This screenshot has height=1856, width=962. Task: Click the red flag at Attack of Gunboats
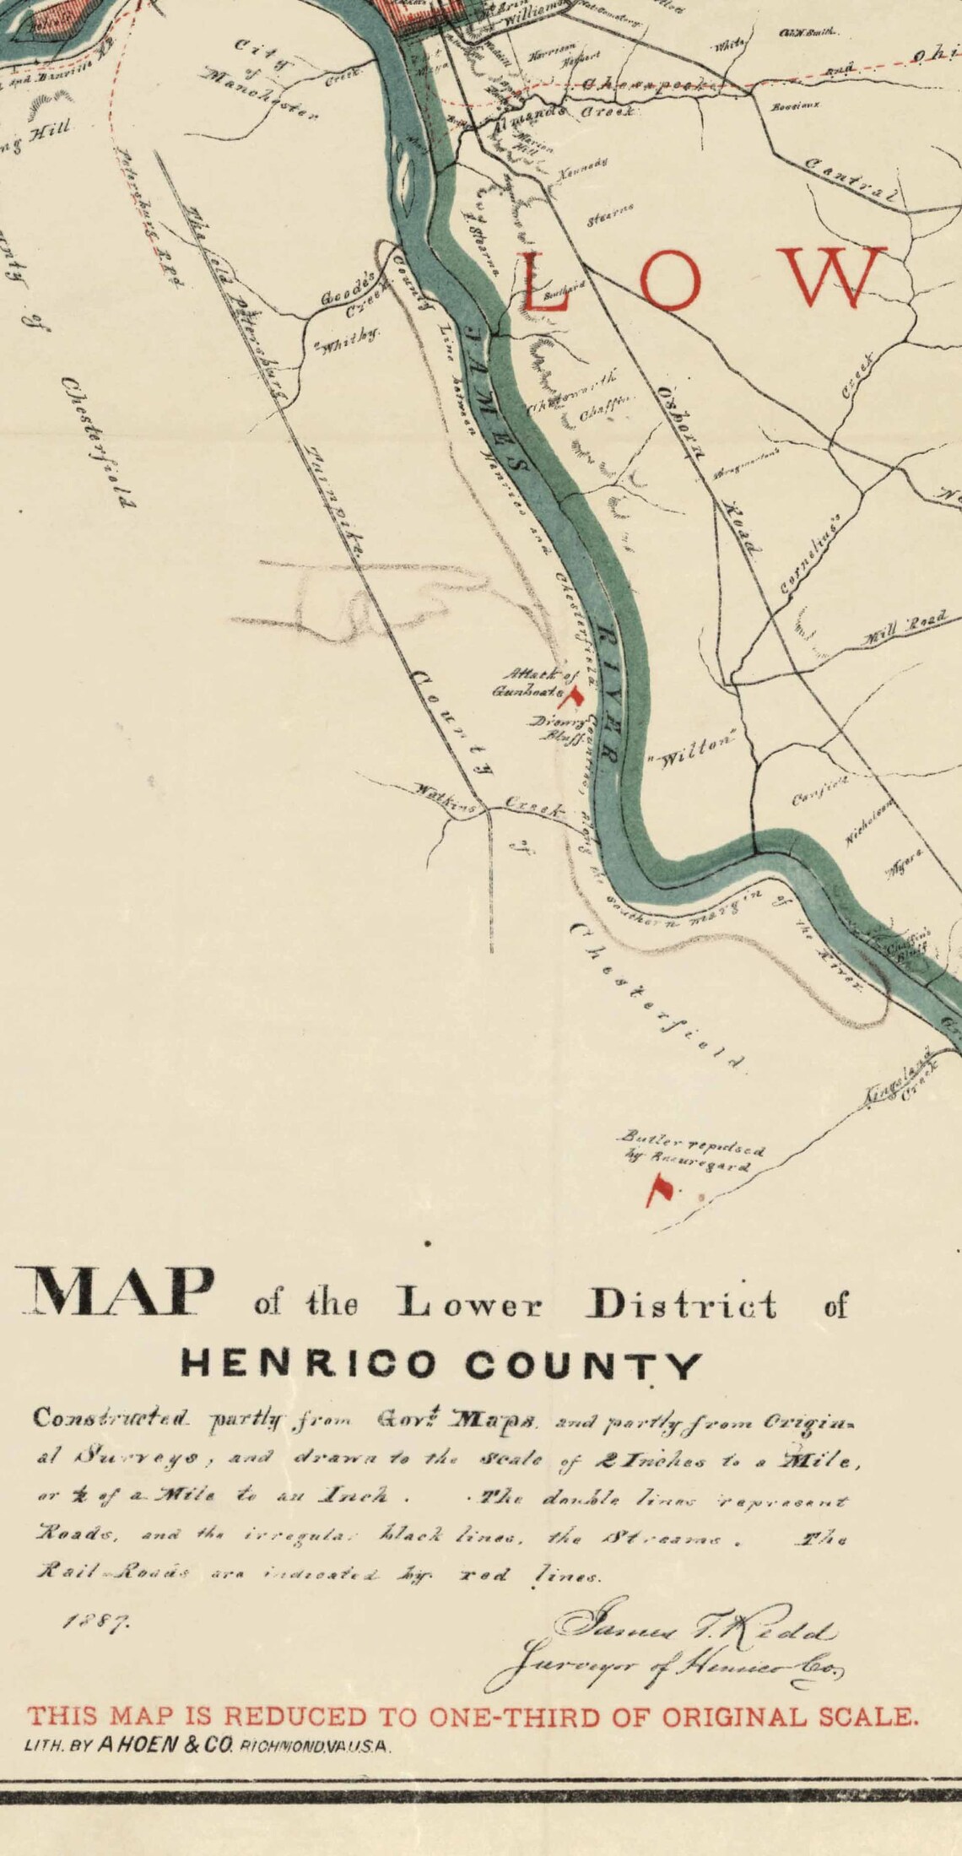(x=576, y=698)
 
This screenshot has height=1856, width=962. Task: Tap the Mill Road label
(x=903, y=626)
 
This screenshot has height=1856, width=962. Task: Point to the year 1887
(x=95, y=1621)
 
